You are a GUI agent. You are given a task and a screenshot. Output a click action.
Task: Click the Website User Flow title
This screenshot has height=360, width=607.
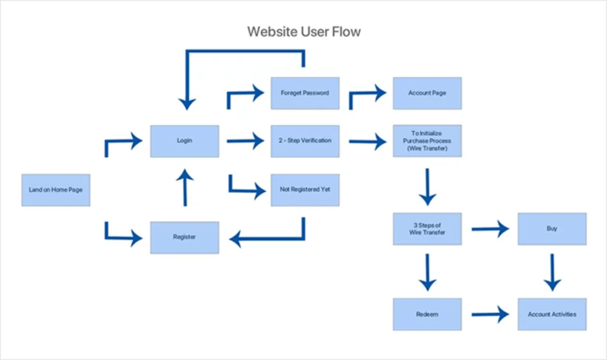click(x=303, y=32)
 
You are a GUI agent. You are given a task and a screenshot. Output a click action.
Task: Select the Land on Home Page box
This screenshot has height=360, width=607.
click(x=55, y=189)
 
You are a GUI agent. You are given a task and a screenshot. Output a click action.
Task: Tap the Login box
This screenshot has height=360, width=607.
click(x=184, y=141)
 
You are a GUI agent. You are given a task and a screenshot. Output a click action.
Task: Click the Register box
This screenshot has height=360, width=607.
click(x=184, y=237)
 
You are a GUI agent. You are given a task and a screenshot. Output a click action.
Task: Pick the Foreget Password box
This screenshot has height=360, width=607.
click(x=303, y=92)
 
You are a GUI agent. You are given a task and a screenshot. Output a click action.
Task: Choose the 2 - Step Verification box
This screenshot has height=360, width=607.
click(x=303, y=141)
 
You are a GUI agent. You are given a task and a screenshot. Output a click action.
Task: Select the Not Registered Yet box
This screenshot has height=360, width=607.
click(x=303, y=189)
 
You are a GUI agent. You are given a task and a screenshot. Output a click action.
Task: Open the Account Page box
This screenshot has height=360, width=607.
click(x=426, y=92)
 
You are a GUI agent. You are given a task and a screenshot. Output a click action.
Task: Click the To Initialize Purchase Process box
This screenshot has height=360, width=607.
click(x=426, y=141)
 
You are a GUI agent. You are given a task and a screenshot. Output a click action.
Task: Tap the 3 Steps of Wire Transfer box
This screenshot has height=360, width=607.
click(x=426, y=229)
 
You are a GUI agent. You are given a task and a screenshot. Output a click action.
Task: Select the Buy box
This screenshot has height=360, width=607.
click(x=552, y=229)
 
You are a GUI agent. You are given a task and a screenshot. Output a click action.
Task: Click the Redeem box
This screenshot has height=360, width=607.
click(x=426, y=314)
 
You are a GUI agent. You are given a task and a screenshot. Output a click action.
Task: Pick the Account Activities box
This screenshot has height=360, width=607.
click(x=552, y=314)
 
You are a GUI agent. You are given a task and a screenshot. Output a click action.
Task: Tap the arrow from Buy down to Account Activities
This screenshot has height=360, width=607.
click(x=552, y=272)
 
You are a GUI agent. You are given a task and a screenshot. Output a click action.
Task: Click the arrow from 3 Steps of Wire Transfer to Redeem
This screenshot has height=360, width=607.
click(x=426, y=272)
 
